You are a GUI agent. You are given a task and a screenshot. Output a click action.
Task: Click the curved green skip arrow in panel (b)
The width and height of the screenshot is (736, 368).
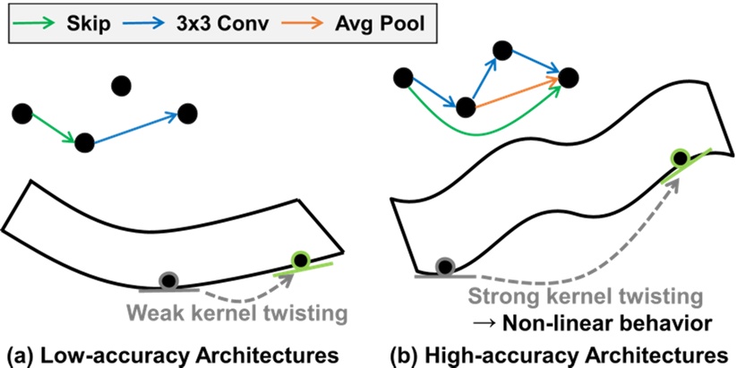(x=475, y=132)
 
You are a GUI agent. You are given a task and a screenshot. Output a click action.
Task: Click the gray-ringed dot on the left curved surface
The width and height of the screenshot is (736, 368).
(x=167, y=281)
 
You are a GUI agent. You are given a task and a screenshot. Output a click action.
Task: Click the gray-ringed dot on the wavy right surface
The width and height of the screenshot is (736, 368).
(x=444, y=266)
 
